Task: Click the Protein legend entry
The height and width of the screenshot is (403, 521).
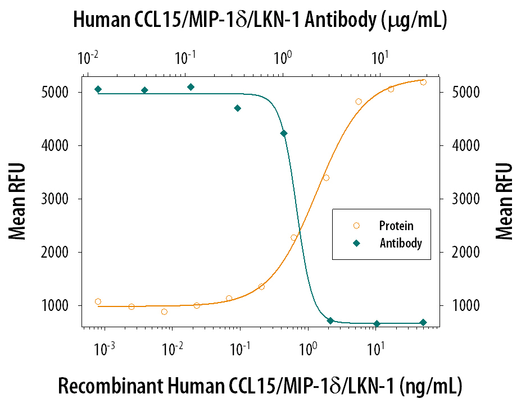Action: tap(396, 226)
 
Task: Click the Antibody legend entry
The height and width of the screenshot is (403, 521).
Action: tap(400, 244)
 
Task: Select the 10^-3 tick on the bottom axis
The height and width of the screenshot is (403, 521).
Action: tap(105, 349)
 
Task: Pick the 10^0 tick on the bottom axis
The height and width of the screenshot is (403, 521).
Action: tap(307, 349)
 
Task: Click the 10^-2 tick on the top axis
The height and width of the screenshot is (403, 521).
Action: tap(87, 58)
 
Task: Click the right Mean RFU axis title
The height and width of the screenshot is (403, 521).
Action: tap(504, 201)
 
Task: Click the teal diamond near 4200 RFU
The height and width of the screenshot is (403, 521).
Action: tap(284, 133)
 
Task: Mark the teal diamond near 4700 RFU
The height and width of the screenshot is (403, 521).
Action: tap(238, 108)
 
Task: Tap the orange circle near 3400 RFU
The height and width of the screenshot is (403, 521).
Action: tap(326, 178)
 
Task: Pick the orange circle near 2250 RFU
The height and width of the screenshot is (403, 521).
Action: tap(293, 237)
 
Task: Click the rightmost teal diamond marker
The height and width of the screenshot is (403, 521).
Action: tap(423, 323)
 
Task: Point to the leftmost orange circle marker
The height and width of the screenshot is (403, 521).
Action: tap(98, 301)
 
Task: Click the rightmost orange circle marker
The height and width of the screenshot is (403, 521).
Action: tap(423, 82)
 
